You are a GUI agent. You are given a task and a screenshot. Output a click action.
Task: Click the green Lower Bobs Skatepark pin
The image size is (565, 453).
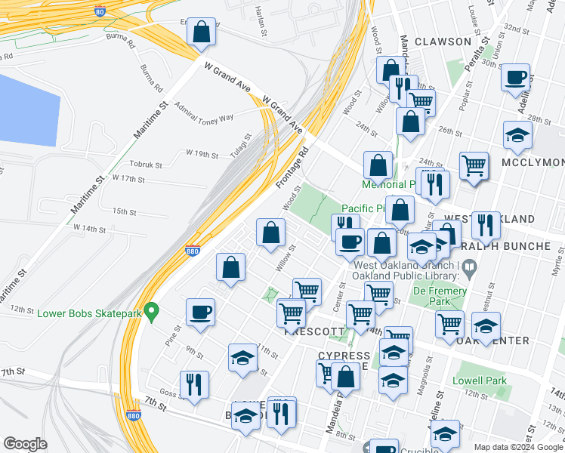[152, 310]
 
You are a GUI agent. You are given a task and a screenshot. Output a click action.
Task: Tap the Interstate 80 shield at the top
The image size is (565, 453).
[100, 11]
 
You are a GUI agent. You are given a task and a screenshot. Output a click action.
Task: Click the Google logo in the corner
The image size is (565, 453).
[26, 443]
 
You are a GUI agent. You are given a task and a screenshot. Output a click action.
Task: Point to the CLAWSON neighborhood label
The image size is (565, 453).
[443, 42]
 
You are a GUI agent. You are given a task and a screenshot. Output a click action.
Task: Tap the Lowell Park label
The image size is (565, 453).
[480, 381]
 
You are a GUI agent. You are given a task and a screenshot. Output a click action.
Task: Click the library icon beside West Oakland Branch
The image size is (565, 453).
[469, 266]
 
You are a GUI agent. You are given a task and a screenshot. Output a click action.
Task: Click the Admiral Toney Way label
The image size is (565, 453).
[204, 116]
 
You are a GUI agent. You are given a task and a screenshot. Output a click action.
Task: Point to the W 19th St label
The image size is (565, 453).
[202, 154]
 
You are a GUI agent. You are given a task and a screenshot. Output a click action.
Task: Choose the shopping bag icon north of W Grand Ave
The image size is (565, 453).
[201, 33]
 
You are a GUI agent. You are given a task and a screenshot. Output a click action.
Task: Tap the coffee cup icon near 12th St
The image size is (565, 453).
[201, 313]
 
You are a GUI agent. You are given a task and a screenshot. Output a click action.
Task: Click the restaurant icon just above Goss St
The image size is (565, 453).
[194, 385]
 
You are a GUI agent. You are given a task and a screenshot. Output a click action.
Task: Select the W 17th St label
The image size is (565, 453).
[128, 179]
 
